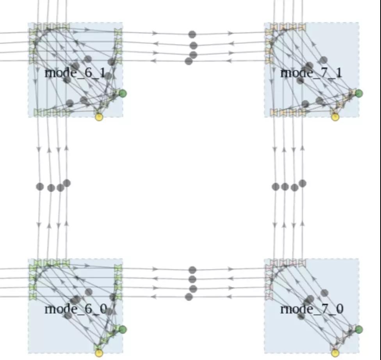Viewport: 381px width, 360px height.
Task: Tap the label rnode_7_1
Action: point(311,73)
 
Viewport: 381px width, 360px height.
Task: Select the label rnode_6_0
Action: point(75,309)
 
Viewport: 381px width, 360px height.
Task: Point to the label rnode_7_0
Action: point(312,309)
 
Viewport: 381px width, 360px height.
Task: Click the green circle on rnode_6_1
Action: point(123,93)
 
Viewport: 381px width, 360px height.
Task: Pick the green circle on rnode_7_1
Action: point(359,93)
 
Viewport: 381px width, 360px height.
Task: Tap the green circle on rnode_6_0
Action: point(123,330)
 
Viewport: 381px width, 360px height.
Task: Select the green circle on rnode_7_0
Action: point(359,330)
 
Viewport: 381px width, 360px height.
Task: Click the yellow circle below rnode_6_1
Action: point(99,117)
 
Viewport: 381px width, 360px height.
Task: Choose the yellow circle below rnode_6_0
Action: point(99,353)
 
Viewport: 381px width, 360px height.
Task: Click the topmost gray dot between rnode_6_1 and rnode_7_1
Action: point(192,34)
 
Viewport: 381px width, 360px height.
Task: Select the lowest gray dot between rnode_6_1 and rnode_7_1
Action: point(189,61)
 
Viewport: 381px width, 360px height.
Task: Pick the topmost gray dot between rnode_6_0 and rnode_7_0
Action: point(192,270)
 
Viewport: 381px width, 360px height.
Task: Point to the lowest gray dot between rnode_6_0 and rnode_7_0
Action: point(189,297)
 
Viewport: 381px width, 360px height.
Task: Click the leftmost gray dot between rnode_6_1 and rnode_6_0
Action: point(40,187)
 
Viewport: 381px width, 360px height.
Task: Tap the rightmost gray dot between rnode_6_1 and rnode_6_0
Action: point(67,183)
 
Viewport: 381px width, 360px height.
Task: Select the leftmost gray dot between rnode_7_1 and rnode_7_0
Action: point(276,187)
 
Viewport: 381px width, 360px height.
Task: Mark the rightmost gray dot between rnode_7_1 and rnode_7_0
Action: point(302,183)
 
